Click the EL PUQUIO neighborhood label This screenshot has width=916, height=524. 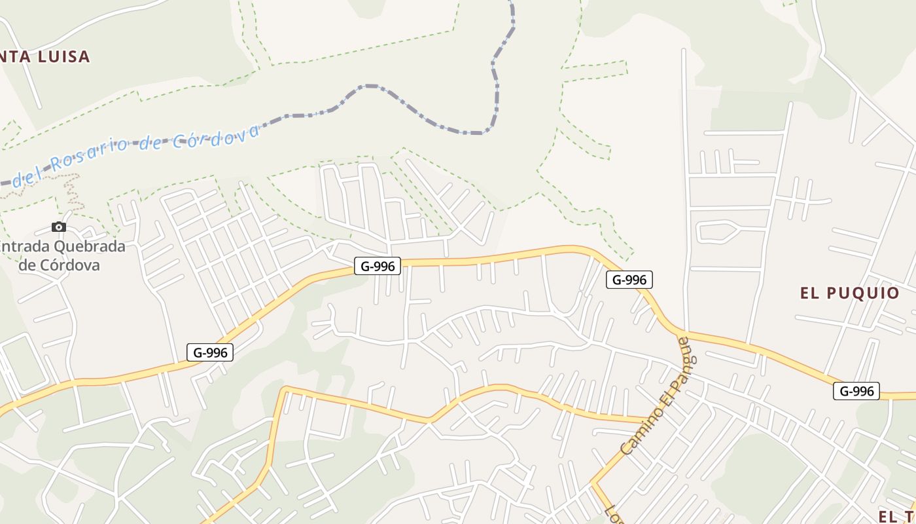(x=849, y=293)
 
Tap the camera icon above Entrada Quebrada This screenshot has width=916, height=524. (x=59, y=227)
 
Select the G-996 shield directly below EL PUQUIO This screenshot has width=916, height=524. (x=856, y=391)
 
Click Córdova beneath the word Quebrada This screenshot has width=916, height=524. (x=59, y=265)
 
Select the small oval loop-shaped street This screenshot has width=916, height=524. (x=717, y=231)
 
